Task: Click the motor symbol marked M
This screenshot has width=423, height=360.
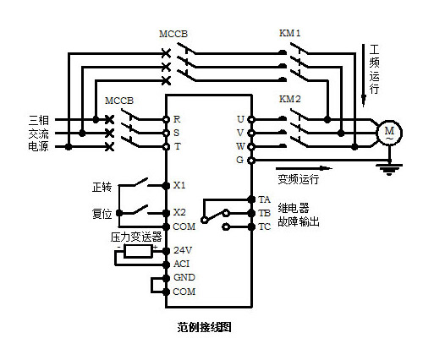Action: (x=389, y=133)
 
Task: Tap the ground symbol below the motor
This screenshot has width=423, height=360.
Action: (x=389, y=169)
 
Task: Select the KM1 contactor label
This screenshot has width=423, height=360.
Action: (x=290, y=33)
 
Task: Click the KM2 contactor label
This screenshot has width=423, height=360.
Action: (x=290, y=99)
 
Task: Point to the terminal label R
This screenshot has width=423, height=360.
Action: (x=177, y=119)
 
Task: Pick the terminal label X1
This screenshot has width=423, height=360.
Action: (x=179, y=185)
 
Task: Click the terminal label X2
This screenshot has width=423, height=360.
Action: (x=179, y=212)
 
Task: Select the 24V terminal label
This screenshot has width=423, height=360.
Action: (x=183, y=250)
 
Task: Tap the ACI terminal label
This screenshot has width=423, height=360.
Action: (x=181, y=264)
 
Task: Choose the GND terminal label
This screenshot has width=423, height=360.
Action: (x=184, y=277)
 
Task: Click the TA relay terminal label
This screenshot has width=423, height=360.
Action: (x=265, y=199)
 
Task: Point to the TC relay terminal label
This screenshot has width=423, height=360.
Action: (x=265, y=226)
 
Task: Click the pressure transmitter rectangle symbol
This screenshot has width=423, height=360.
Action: (x=139, y=251)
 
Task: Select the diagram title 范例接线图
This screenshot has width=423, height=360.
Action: (x=205, y=327)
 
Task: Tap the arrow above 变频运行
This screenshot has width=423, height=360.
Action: (x=304, y=168)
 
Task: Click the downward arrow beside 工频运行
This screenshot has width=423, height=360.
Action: (x=364, y=75)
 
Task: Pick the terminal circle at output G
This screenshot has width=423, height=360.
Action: (x=251, y=161)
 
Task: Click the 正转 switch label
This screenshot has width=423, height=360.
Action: (x=102, y=187)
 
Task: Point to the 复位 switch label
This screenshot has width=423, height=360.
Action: (x=102, y=214)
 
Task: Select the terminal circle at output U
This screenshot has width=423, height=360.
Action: (x=251, y=119)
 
